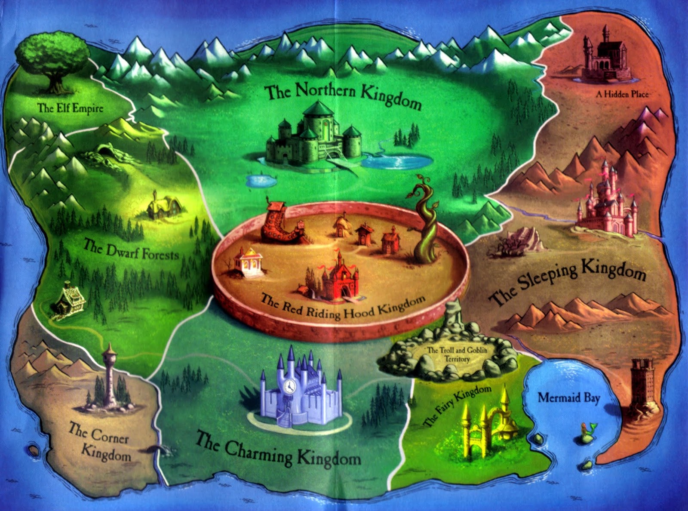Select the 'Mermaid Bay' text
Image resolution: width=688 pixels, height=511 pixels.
click(568, 398)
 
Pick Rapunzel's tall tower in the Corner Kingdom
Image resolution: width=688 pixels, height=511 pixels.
click(109, 379)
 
